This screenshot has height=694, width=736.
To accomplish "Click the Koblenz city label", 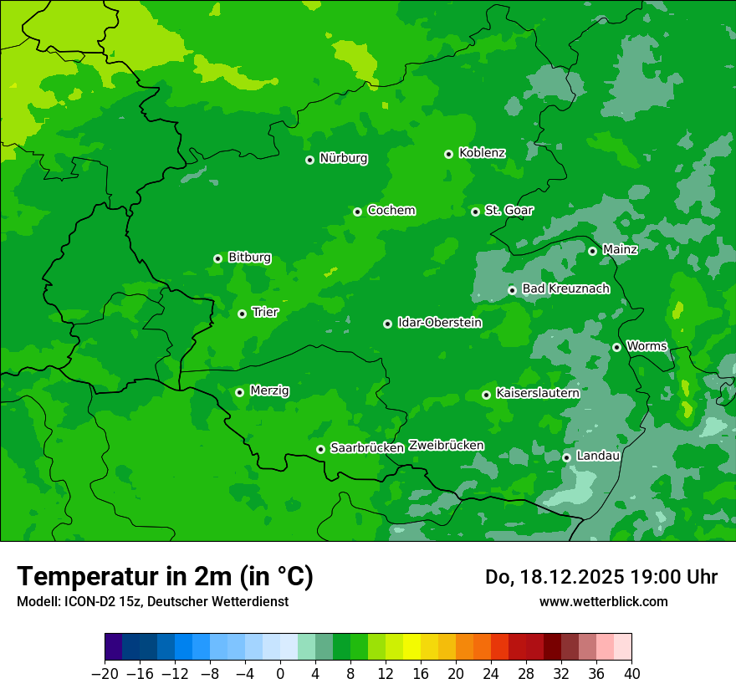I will pyautogui.click(x=482, y=153).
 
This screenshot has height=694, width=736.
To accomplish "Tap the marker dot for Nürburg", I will pyautogui.click(x=309, y=160).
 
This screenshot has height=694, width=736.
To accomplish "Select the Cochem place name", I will pyautogui.click(x=391, y=211).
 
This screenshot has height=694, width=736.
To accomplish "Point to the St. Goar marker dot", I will pyautogui.click(x=475, y=212).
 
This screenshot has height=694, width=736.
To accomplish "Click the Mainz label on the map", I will pyautogui.click(x=620, y=250).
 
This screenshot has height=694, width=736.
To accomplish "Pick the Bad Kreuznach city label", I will pyautogui.click(x=565, y=289).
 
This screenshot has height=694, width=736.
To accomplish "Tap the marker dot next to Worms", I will pyautogui.click(x=616, y=347).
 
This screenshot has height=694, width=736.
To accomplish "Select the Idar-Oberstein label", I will pyautogui.click(x=439, y=323).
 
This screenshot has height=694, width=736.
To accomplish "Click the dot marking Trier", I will pyautogui.click(x=242, y=314).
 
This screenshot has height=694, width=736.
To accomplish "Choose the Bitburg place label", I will pyautogui.click(x=249, y=258).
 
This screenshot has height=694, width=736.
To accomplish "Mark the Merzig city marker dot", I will pyautogui.click(x=239, y=392).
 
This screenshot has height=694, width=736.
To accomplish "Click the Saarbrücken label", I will pyautogui.click(x=367, y=448).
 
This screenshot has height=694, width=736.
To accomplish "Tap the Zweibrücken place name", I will pyautogui.click(x=446, y=446).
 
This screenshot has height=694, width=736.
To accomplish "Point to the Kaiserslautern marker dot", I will pyautogui.click(x=486, y=395).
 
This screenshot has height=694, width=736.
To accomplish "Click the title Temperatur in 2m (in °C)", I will pyautogui.click(x=165, y=577).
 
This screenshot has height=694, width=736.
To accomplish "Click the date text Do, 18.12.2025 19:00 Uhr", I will pyautogui.click(x=601, y=577).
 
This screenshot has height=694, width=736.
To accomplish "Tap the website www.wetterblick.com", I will pyautogui.click(x=603, y=602).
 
